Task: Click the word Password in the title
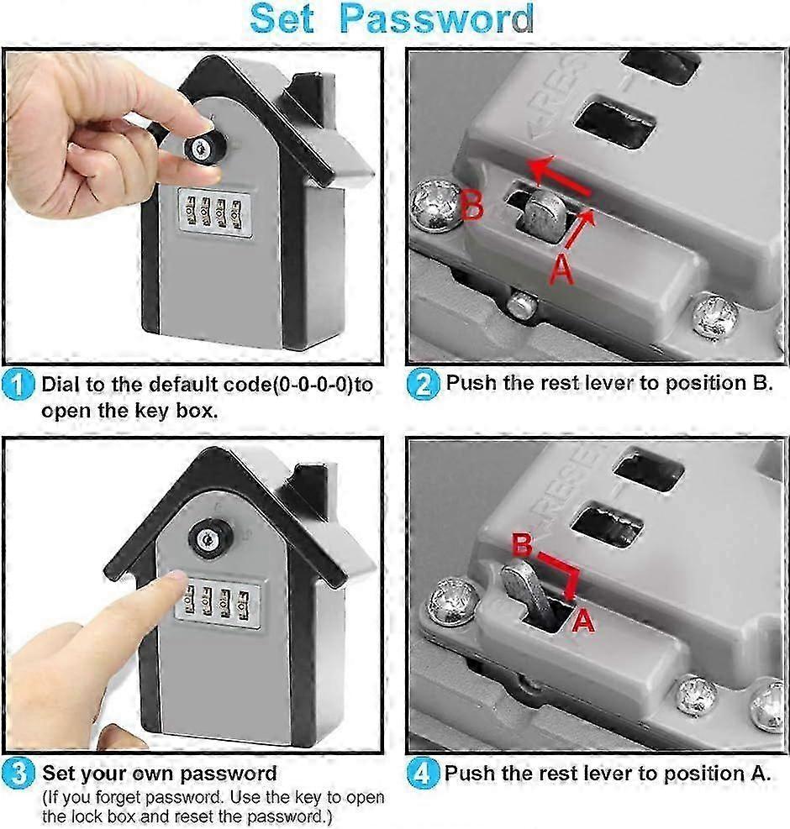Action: pos(436,19)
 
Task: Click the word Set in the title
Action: pos(282,19)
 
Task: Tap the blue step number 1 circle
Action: pos(18,385)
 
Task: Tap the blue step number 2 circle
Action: pos(423,384)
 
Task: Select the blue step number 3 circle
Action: pos(18,773)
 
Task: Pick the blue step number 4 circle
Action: pos(422,773)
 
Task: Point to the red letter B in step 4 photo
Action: pos(522,545)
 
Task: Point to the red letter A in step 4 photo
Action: pos(583,620)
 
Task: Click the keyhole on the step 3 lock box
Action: pos(207,539)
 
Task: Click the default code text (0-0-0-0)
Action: pos(312,385)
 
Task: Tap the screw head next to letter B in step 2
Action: pos(434,206)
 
